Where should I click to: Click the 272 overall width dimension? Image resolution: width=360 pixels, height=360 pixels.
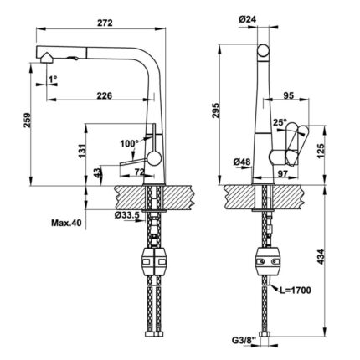[x=105, y=23]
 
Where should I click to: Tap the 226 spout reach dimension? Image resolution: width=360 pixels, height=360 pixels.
[x=105, y=95]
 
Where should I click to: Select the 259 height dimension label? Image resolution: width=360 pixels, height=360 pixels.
[x=27, y=120]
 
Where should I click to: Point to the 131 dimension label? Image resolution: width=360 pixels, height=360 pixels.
[x=82, y=151]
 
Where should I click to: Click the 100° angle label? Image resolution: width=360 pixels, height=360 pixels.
[x=130, y=144]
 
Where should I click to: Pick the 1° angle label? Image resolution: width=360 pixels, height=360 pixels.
[x=53, y=80]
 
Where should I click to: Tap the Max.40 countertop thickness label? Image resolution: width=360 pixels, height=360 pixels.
[x=66, y=223]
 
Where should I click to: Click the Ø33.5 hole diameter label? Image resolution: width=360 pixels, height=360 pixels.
[x=126, y=215]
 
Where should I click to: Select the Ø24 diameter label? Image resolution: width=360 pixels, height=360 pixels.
[x=248, y=19]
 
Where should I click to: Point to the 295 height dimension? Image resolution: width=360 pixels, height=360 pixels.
[x=216, y=111]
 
